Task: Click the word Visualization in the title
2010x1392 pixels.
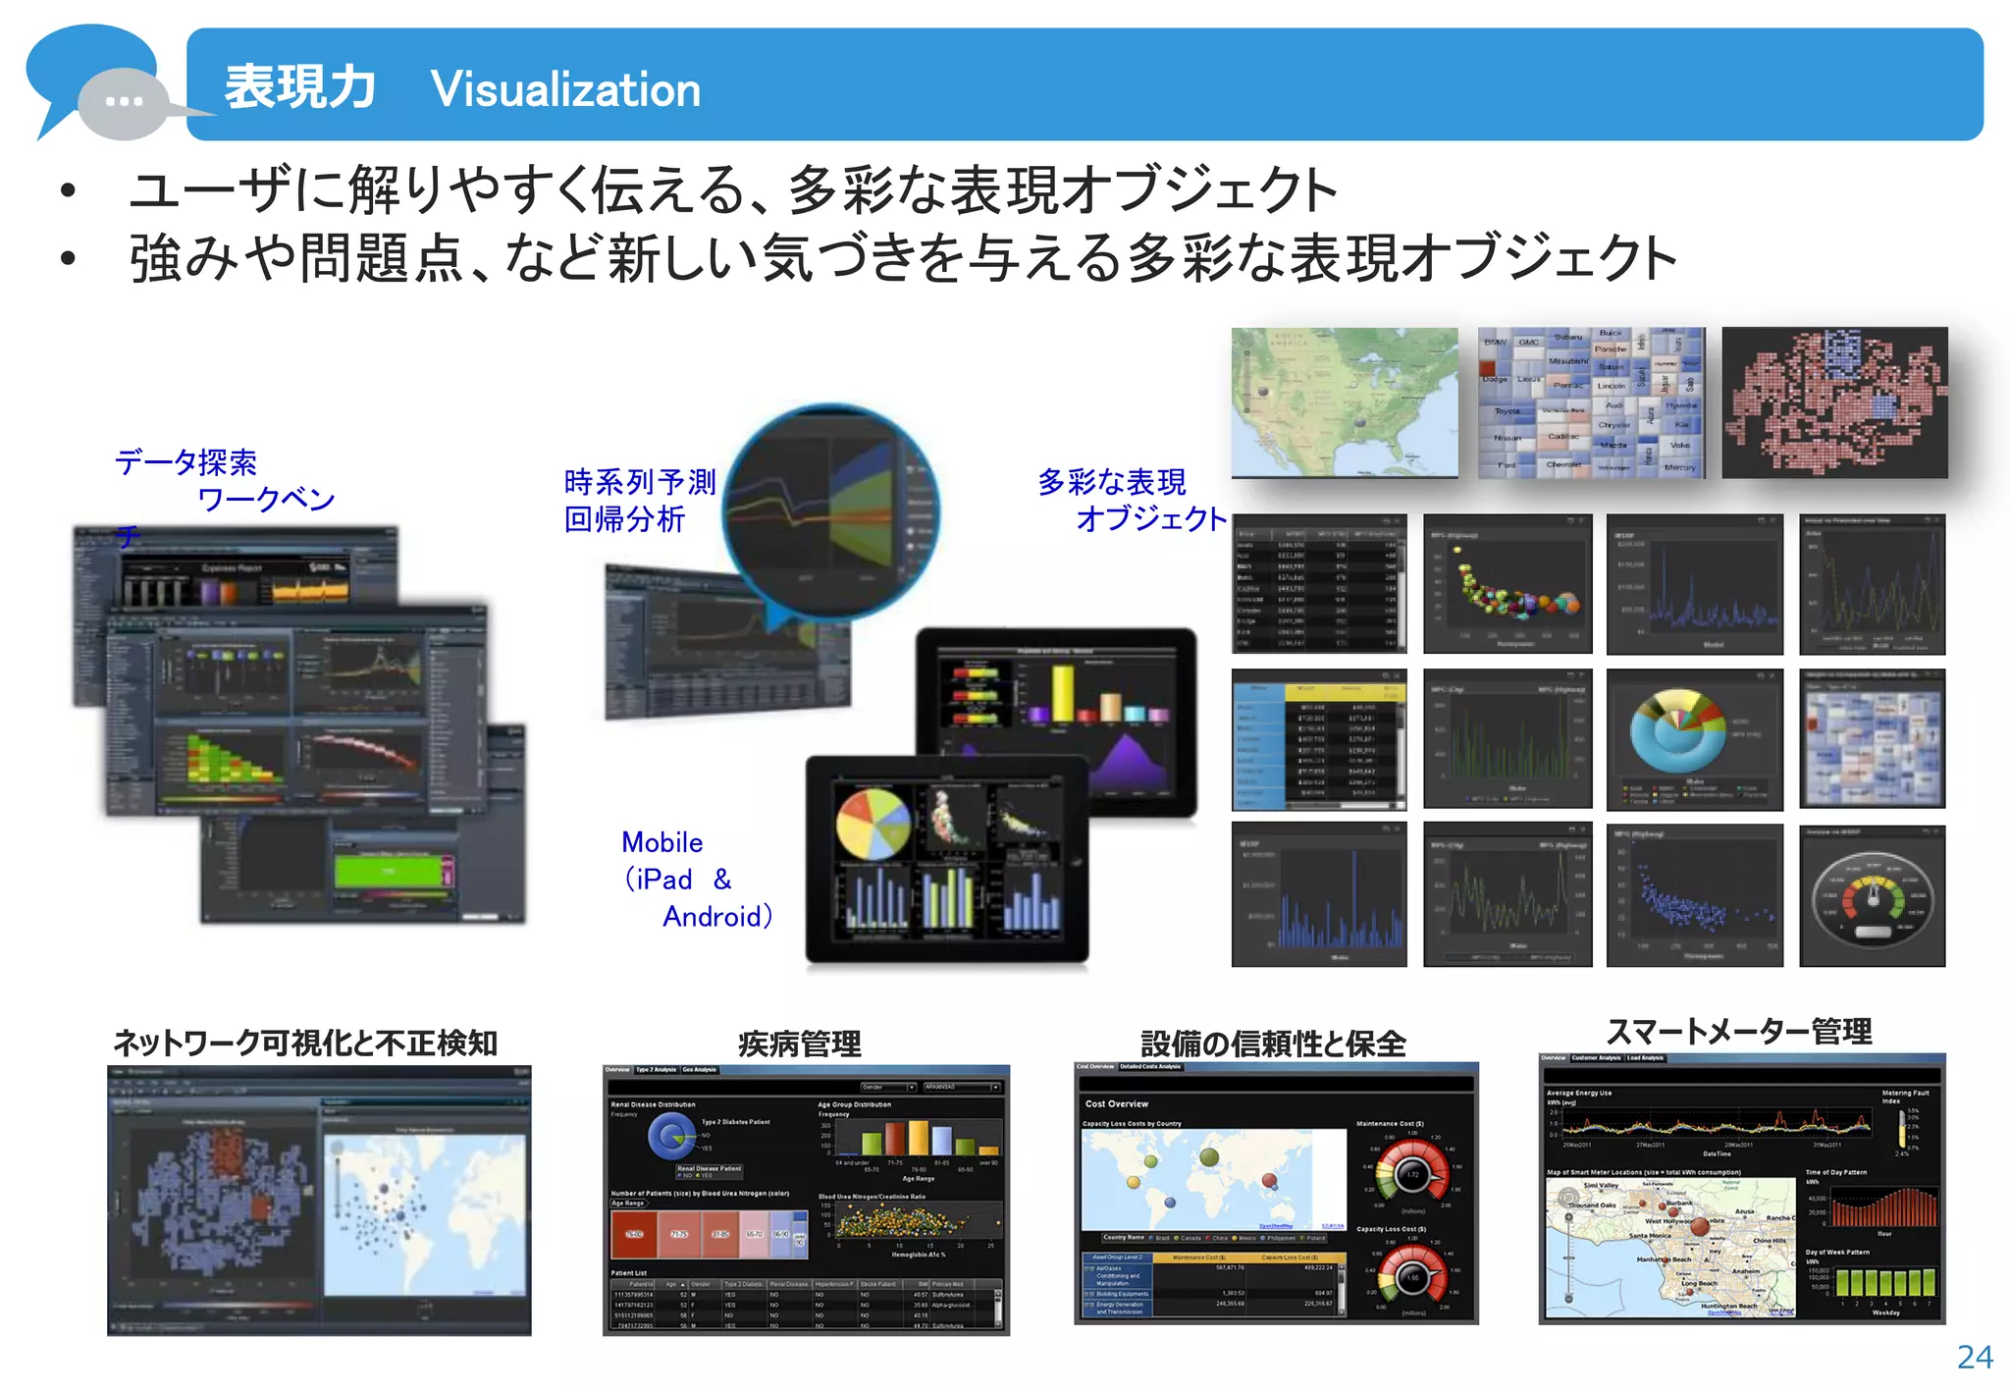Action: pyautogui.click(x=565, y=89)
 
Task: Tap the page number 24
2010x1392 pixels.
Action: pyautogui.click(x=1974, y=1357)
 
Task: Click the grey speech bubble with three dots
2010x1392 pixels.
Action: pyautogui.click(x=125, y=102)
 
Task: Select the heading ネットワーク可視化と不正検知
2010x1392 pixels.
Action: pyautogui.click(x=305, y=1043)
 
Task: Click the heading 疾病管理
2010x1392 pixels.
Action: pyautogui.click(x=799, y=1044)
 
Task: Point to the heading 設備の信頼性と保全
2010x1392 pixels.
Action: pyautogui.click(x=1273, y=1044)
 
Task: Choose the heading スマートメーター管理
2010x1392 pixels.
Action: pyautogui.click(x=1738, y=1032)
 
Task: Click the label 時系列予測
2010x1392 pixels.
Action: pyautogui.click(x=640, y=482)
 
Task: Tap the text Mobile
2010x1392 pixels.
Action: pyautogui.click(x=661, y=842)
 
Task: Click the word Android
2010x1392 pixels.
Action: pyautogui.click(x=713, y=917)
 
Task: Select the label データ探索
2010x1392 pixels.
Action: pyautogui.click(x=186, y=462)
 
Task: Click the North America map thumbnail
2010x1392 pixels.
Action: pyautogui.click(x=1345, y=402)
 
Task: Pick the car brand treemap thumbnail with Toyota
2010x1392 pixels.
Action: pyautogui.click(x=1591, y=402)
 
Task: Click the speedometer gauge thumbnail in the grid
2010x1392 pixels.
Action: pyautogui.click(x=1872, y=896)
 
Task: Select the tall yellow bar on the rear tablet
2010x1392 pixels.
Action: pyautogui.click(x=1064, y=693)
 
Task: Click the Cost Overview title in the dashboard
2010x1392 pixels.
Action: pyautogui.click(x=1116, y=1103)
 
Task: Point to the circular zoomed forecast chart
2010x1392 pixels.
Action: pyautogui.click(x=830, y=511)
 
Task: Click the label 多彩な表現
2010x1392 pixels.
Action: pyautogui.click(x=1112, y=482)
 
